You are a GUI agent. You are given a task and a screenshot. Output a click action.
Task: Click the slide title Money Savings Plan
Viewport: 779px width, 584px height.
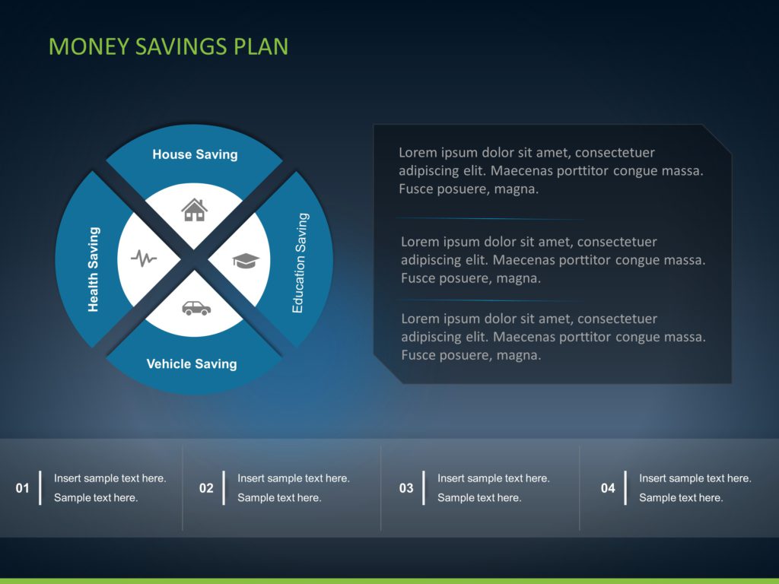[168, 46]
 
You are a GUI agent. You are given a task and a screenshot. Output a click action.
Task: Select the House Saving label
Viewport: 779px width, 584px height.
[195, 154]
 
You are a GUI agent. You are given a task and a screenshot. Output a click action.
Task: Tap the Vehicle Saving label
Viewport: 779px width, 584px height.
[192, 364]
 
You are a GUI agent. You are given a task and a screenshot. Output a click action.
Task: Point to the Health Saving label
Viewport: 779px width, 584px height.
[94, 269]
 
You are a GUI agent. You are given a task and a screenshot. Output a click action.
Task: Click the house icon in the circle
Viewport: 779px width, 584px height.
[194, 209]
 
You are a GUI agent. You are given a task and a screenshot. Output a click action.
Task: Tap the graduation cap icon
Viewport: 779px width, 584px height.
[246, 261]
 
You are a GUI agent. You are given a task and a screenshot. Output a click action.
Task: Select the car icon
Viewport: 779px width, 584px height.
[196, 308]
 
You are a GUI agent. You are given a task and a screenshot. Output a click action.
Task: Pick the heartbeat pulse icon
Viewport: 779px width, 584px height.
[144, 259]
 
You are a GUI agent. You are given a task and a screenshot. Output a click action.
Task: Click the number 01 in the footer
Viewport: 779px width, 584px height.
[23, 488]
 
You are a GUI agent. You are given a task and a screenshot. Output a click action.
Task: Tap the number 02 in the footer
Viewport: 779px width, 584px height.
[206, 488]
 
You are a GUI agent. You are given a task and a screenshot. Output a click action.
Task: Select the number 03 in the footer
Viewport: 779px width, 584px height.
[406, 488]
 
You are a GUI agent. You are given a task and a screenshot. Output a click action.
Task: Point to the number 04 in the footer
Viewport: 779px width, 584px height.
[608, 488]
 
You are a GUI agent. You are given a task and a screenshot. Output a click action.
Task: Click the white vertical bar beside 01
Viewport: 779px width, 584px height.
[40, 487]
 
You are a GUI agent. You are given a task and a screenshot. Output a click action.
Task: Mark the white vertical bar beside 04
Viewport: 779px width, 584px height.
[625, 487]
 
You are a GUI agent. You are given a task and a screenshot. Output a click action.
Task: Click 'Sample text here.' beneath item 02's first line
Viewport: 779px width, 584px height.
[279, 498]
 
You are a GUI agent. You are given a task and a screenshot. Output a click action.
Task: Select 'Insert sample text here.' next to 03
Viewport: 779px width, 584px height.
[493, 478]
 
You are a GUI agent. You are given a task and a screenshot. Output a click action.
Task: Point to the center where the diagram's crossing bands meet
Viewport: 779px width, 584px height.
[194, 259]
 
